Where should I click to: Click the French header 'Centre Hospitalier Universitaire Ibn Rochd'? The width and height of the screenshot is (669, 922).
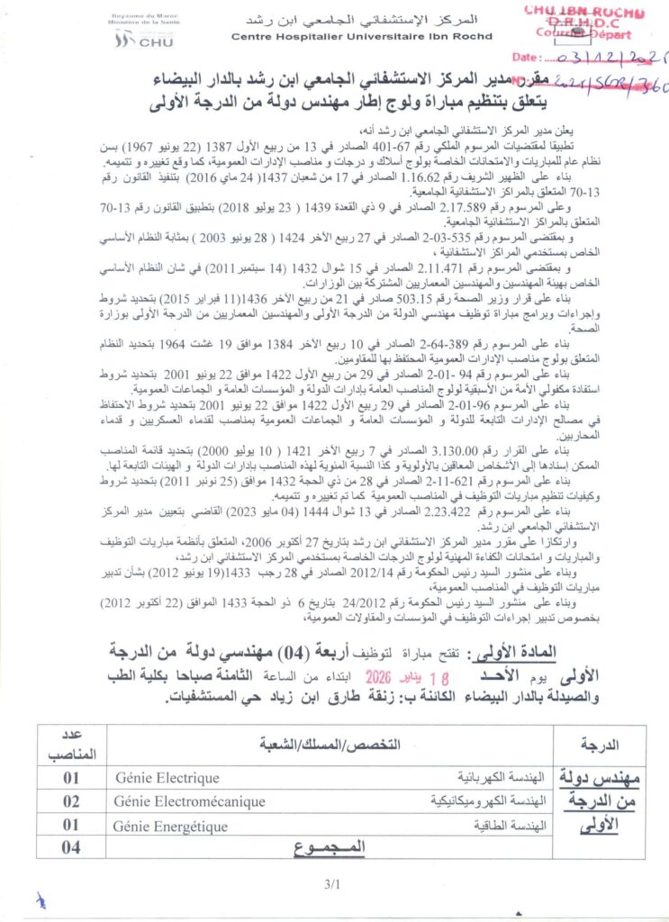[362, 37]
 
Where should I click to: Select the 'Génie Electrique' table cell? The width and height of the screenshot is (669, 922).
[167, 777]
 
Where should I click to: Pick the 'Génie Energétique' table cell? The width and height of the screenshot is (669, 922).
[170, 825]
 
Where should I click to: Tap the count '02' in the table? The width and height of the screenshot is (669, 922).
[71, 800]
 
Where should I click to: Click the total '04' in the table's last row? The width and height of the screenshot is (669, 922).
[71, 846]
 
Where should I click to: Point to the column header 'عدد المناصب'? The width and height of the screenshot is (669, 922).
[71, 745]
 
